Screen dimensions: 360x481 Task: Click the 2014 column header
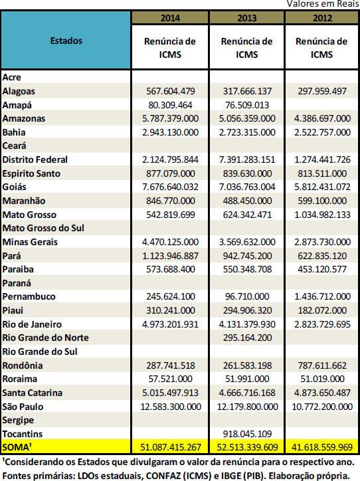[170, 18]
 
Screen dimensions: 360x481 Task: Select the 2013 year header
[247, 18]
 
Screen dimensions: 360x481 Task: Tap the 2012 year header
[322, 18]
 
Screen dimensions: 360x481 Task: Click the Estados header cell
[66, 41]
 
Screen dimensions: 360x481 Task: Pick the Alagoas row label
[19, 91]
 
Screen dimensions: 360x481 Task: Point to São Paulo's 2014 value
[171, 407]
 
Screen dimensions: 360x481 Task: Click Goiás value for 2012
[322, 187]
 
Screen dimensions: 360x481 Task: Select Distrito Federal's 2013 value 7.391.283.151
[247, 159]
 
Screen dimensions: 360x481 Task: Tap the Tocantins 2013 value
[247, 434]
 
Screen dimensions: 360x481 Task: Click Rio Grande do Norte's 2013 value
[247, 337]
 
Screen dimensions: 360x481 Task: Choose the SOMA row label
[17, 447]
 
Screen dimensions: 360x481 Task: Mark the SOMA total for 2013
[247, 447]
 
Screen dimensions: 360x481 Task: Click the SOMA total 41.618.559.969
[322, 447]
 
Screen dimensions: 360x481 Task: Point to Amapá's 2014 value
[170, 105]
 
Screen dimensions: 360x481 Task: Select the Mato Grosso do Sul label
[43, 228]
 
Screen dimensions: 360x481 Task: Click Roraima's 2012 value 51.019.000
[322, 379]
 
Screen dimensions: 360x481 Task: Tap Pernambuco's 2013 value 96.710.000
[247, 296]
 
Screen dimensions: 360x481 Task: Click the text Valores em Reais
[323, 4]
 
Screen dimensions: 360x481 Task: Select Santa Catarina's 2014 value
[171, 393]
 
